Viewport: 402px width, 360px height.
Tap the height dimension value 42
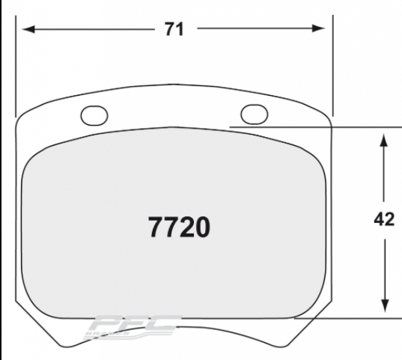pos(383,222)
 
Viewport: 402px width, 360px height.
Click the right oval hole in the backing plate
pos(255,113)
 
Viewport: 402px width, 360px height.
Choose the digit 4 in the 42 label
pos(378,222)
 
